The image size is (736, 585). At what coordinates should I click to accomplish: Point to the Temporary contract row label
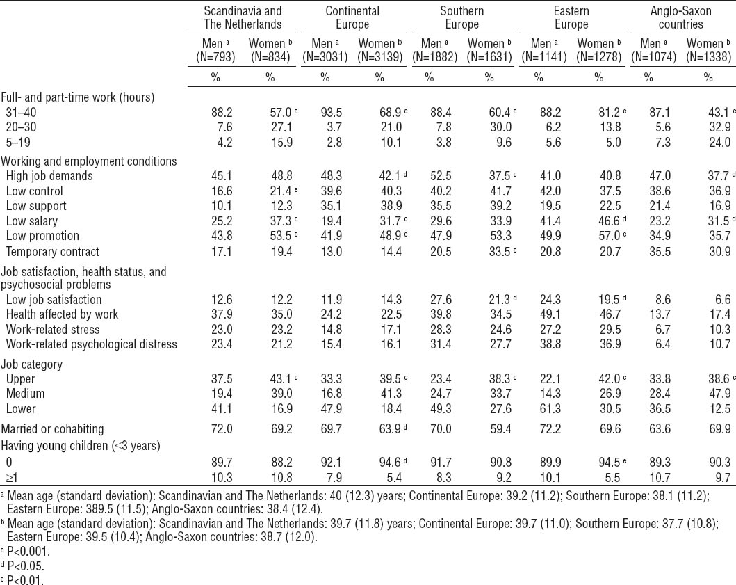pyautogui.click(x=53, y=251)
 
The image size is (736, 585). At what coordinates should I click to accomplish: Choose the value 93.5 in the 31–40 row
pyautogui.click(x=324, y=111)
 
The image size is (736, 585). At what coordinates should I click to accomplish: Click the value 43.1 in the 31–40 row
pyautogui.click(x=706, y=111)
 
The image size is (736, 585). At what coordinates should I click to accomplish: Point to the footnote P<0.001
pyautogui.click(x=27, y=551)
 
